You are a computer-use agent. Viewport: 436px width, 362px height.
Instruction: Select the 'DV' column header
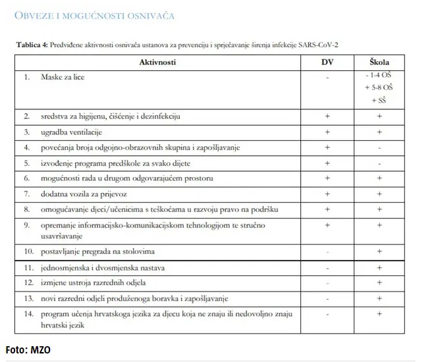pyautogui.click(x=327, y=62)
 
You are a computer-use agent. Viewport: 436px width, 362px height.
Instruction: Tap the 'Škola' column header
pyautogui.click(x=379, y=62)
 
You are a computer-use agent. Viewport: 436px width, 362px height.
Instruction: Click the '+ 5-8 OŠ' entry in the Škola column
pyautogui.click(x=379, y=87)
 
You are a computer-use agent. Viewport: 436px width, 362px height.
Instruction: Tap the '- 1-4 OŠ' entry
pyautogui.click(x=379, y=76)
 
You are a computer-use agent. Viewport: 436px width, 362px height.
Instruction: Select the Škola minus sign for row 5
pyautogui.click(x=379, y=163)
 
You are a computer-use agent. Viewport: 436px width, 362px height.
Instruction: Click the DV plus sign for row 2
pyautogui.click(x=327, y=116)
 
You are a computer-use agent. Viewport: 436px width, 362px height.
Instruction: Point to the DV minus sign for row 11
pyautogui.click(x=327, y=268)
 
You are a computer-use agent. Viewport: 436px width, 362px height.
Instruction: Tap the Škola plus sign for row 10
pyautogui.click(x=379, y=251)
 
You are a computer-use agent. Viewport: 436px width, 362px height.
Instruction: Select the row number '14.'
pyautogui.click(x=29, y=314)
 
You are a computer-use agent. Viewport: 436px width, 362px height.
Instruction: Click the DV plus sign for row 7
pyautogui.click(x=327, y=194)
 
